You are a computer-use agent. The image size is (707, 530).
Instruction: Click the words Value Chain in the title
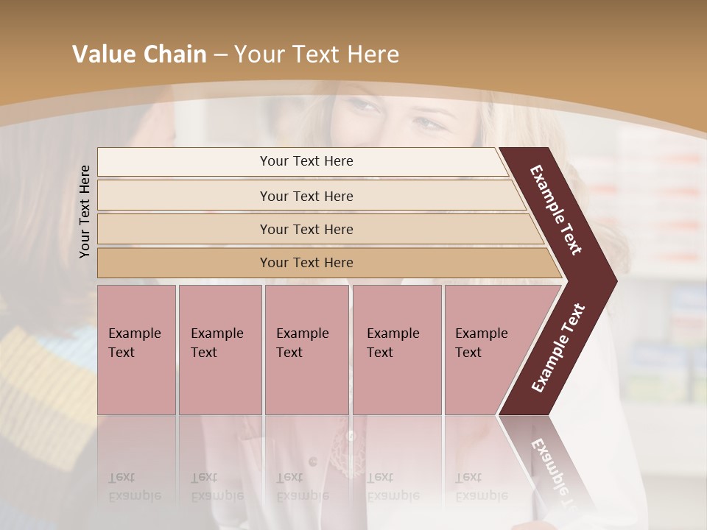(x=139, y=54)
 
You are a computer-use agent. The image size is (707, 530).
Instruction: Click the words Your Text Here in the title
(x=317, y=54)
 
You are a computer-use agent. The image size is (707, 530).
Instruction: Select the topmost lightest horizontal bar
(x=302, y=161)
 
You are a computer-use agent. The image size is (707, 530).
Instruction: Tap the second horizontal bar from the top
(x=309, y=196)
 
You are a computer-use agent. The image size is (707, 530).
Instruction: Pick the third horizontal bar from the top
(x=317, y=229)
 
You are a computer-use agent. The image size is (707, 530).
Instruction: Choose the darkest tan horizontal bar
(x=324, y=263)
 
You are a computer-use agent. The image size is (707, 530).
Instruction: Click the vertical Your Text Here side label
(x=85, y=211)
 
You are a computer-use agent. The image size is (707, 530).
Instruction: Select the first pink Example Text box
(x=136, y=350)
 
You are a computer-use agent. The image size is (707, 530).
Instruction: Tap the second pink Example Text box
(x=220, y=350)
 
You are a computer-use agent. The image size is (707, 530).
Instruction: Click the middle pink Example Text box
(x=306, y=350)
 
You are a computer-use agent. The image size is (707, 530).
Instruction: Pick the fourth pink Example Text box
(x=397, y=350)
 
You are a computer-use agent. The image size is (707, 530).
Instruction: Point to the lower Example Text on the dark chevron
(x=558, y=347)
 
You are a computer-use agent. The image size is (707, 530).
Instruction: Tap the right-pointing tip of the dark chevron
(x=613, y=280)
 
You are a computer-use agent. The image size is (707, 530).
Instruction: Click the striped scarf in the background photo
(x=44, y=390)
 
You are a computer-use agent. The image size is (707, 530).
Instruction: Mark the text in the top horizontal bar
(x=306, y=161)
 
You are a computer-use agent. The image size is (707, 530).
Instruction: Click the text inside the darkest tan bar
(x=306, y=263)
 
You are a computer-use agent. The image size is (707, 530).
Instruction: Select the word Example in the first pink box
(x=134, y=333)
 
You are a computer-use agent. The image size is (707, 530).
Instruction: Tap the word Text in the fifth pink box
(x=468, y=353)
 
